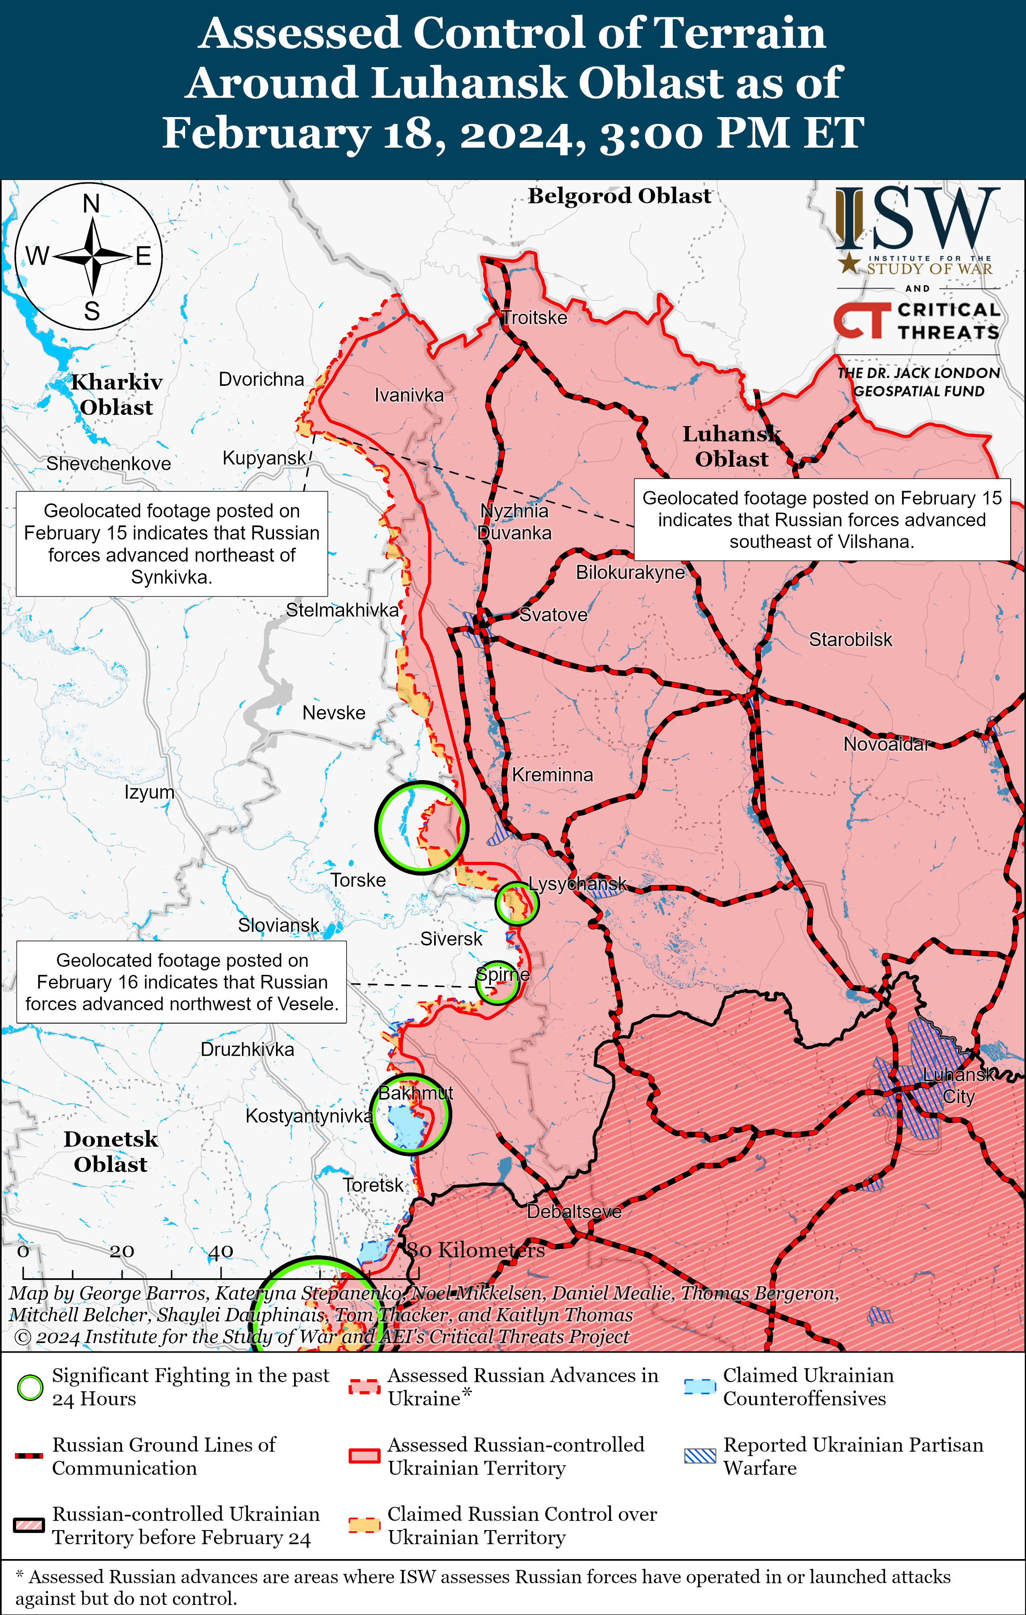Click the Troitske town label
534,318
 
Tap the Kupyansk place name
264,458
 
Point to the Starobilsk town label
850,639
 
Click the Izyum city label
149,792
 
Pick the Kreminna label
552,775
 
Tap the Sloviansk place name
278,925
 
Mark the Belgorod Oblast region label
619,196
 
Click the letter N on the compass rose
91,203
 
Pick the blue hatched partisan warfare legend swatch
699,1455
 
